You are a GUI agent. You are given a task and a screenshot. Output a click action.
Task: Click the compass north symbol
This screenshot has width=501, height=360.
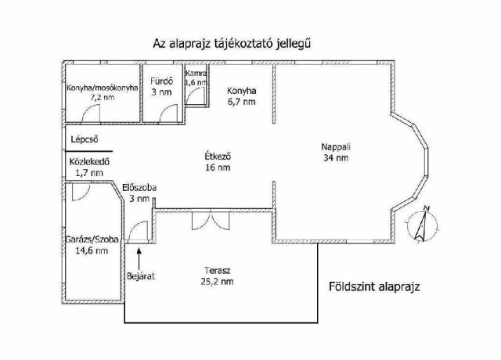click(423, 225)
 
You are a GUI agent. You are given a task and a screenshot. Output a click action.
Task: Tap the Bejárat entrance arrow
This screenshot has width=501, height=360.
click(139, 259)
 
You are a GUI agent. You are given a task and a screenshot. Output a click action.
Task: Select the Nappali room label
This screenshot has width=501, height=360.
click(336, 152)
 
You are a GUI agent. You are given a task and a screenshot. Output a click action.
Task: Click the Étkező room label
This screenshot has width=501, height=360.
click(218, 162)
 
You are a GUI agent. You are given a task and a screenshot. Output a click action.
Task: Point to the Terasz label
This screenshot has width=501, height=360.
click(218, 276)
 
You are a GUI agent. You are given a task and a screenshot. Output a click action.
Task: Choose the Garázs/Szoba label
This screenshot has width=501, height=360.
click(92, 245)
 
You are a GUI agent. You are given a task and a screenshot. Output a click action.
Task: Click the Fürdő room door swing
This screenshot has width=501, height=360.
click(168, 113)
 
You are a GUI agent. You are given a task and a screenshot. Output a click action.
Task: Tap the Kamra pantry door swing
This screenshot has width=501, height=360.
click(195, 95)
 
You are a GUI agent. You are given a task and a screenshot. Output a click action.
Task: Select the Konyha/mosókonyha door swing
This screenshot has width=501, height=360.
click(91, 113)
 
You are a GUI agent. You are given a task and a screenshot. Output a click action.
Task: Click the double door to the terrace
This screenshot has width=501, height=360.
click(211, 220)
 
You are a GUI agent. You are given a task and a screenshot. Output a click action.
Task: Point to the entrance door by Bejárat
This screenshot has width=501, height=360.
click(138, 231)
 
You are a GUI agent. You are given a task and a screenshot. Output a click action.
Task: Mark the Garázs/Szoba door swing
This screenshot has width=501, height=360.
click(81, 192)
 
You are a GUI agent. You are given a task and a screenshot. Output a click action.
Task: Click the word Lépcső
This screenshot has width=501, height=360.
click(85, 139)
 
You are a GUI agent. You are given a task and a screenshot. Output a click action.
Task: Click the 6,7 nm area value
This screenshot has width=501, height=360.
click(242, 102)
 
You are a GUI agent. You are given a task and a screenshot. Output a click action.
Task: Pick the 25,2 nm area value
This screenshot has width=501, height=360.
click(218, 282)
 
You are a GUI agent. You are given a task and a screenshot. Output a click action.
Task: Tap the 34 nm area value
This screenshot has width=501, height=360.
click(336, 158)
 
